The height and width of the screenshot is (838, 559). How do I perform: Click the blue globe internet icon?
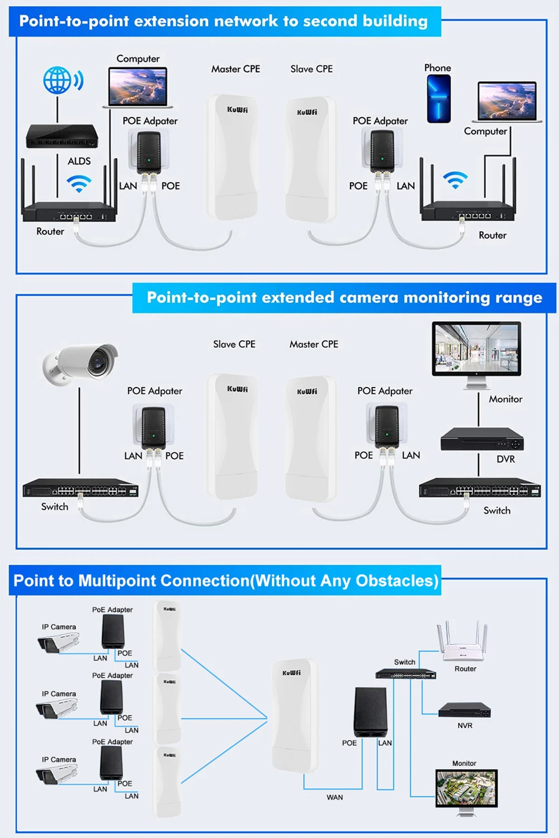click(x=58, y=80)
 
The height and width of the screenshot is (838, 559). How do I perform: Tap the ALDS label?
click(x=79, y=161)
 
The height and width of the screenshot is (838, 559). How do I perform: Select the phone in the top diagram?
click(x=439, y=99)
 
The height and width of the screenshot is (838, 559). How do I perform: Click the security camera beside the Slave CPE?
click(x=81, y=364)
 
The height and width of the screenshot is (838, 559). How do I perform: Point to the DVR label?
click(x=505, y=459)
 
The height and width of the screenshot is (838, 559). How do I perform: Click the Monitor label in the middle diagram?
click(x=505, y=399)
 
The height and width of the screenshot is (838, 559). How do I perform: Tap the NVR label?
click(x=465, y=726)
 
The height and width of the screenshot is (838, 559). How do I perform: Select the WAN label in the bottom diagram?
click(x=335, y=797)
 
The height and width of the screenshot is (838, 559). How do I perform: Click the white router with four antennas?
click(x=462, y=642)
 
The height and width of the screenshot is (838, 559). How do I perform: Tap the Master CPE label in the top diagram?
click(x=235, y=69)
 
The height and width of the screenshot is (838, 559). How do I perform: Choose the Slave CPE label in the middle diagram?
click(x=234, y=344)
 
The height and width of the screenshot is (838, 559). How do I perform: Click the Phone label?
click(x=437, y=68)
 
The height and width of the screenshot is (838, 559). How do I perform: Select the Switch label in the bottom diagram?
click(x=404, y=662)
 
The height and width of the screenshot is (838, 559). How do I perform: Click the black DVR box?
click(x=482, y=440)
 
